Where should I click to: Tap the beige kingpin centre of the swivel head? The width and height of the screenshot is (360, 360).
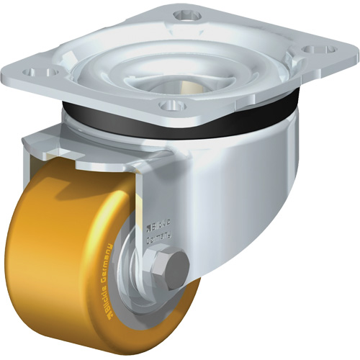point(176,84)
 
